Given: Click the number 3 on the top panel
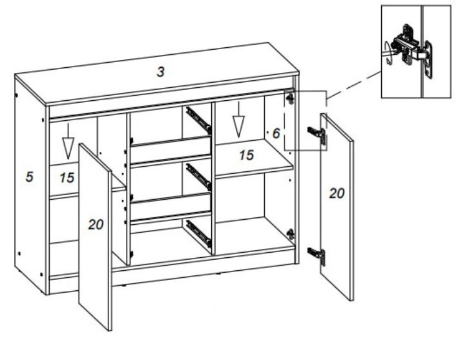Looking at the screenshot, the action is point(160,72).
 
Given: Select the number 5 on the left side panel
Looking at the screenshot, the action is point(29,177).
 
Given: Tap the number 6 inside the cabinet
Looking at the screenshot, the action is point(276,134).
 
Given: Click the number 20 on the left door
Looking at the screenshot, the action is point(96,225).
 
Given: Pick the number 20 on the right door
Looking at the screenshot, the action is point(337,194).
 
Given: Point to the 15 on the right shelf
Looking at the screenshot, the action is point(246,155).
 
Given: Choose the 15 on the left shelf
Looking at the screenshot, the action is point(67,178).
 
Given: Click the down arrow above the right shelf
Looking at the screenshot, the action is point(238,120).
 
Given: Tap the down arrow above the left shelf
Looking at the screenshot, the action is point(68,141).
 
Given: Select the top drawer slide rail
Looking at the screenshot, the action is point(199,120).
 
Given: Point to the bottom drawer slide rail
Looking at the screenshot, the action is point(199,233).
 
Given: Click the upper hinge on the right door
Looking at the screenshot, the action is point(317,135).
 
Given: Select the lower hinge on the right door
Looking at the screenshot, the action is point(317,256).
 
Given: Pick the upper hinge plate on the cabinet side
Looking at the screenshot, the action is point(291,98).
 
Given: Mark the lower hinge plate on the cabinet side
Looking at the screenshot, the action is point(291,234).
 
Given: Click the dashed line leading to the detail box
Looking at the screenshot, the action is point(354,85).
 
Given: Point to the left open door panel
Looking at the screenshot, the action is point(96,237).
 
